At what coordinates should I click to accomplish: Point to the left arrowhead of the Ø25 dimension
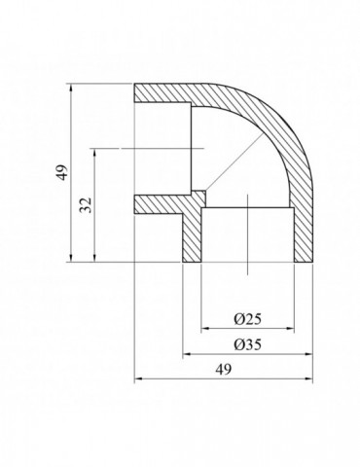click(205, 328)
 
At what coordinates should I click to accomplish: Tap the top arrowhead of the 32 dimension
click(94, 151)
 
